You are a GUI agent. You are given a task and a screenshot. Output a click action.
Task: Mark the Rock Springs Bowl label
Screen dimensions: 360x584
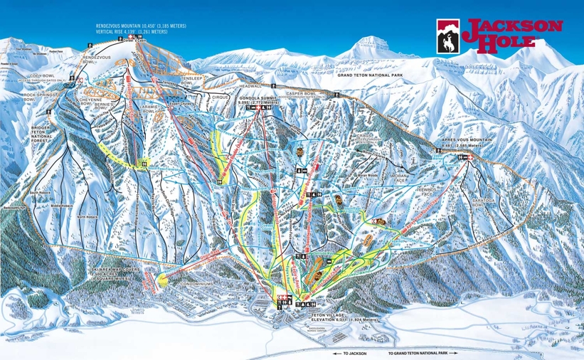[38, 97]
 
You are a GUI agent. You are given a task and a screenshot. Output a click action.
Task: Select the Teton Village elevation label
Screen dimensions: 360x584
[330, 318]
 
